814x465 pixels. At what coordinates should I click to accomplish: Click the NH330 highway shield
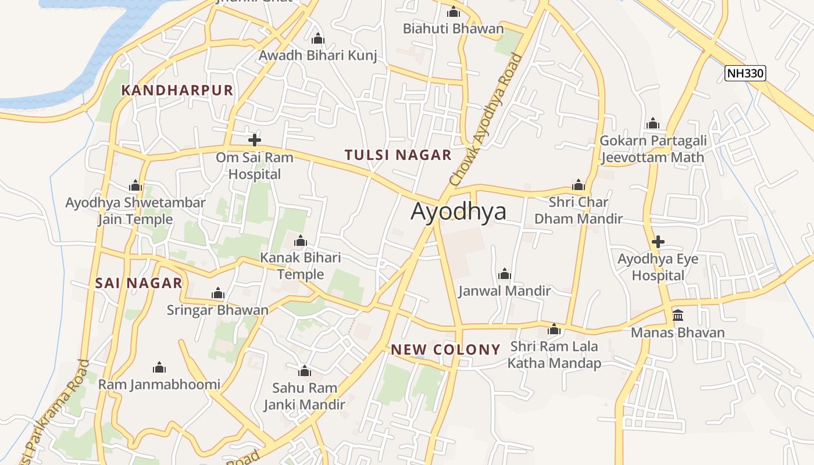point(745,73)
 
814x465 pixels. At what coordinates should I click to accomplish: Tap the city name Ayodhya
point(458,212)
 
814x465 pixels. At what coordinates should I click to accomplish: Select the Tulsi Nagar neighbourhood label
point(398,155)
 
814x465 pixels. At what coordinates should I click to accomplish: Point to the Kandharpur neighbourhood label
point(177,90)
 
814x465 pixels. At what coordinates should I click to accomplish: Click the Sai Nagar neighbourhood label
point(138,284)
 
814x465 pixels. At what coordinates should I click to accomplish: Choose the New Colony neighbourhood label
point(445,349)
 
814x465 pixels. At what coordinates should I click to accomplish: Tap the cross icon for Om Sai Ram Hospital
point(254,140)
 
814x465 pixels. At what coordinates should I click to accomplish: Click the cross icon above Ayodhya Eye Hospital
point(658,242)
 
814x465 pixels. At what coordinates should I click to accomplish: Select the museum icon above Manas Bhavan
point(677,316)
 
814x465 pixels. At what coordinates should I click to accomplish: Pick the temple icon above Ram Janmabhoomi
point(159,367)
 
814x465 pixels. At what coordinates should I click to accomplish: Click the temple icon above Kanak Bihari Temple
point(300,241)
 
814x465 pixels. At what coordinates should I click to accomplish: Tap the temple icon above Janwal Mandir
point(504,274)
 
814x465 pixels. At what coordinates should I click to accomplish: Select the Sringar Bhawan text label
point(217,310)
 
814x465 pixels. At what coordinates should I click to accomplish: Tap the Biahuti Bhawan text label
point(453,28)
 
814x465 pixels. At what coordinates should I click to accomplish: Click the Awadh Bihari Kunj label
point(317,56)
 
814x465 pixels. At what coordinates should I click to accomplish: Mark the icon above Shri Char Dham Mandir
point(578,185)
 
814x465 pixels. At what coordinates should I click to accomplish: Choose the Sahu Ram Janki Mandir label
point(304,396)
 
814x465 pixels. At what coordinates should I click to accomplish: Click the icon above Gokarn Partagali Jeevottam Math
point(652,124)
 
